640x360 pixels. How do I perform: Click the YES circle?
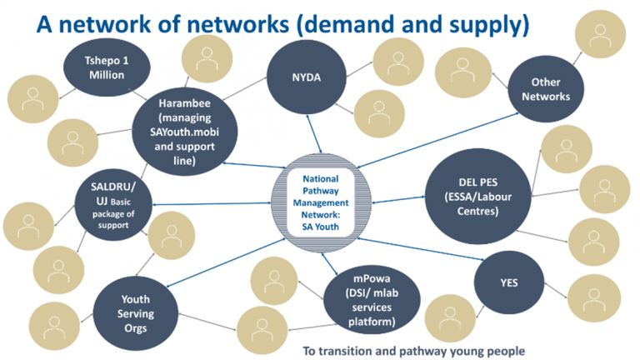[508, 283]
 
